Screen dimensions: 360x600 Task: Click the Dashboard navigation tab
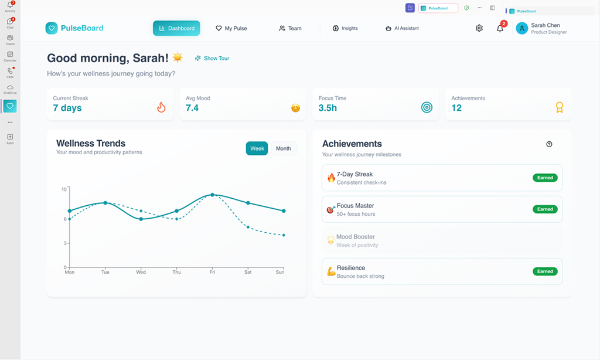176,28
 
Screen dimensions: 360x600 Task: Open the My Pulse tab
231,28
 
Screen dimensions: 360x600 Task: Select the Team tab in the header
290,28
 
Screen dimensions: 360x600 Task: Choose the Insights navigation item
345,28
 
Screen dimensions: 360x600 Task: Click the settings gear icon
479,28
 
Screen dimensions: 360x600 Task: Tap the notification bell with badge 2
500,28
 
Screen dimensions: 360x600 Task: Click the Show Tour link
212,59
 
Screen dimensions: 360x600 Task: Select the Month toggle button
284,148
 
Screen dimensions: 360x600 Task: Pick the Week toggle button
257,148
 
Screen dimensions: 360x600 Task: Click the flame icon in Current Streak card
161,107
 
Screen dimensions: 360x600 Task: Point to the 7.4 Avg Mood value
192,108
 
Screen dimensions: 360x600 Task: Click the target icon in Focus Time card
427,107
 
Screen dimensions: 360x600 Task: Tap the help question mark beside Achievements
549,144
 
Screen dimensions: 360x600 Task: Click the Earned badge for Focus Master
545,209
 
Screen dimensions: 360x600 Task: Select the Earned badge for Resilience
545,271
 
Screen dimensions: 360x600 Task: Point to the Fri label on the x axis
212,272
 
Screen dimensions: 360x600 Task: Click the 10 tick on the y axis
64,189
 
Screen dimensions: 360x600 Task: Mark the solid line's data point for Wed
141,219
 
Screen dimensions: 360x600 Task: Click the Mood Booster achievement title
356,237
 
